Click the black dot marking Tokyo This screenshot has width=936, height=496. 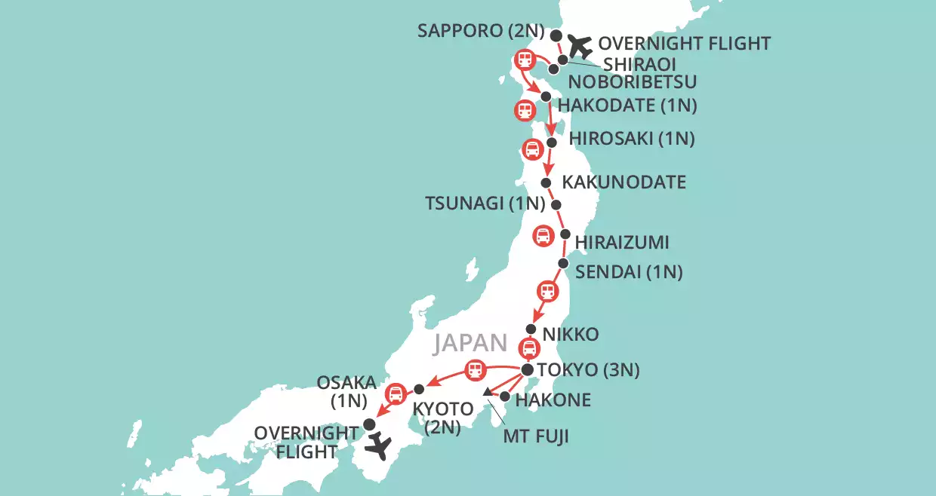coord(528,370)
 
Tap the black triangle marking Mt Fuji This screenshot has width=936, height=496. coord(487,392)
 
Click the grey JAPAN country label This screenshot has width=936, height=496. coord(469,343)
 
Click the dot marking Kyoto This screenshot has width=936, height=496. coord(419,390)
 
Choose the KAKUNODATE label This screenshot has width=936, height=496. coord(624,182)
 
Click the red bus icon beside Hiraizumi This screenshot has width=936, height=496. coord(543,236)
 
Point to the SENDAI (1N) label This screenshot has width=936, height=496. coord(629,272)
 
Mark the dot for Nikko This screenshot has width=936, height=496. coord(531,329)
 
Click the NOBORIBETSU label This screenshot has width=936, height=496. coord(633,81)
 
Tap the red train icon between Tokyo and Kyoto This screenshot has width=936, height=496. coord(474,370)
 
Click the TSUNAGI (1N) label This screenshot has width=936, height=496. coord(485,204)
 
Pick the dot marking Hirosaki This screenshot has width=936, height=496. coord(552,142)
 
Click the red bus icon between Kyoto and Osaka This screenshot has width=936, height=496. coord(395,393)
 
